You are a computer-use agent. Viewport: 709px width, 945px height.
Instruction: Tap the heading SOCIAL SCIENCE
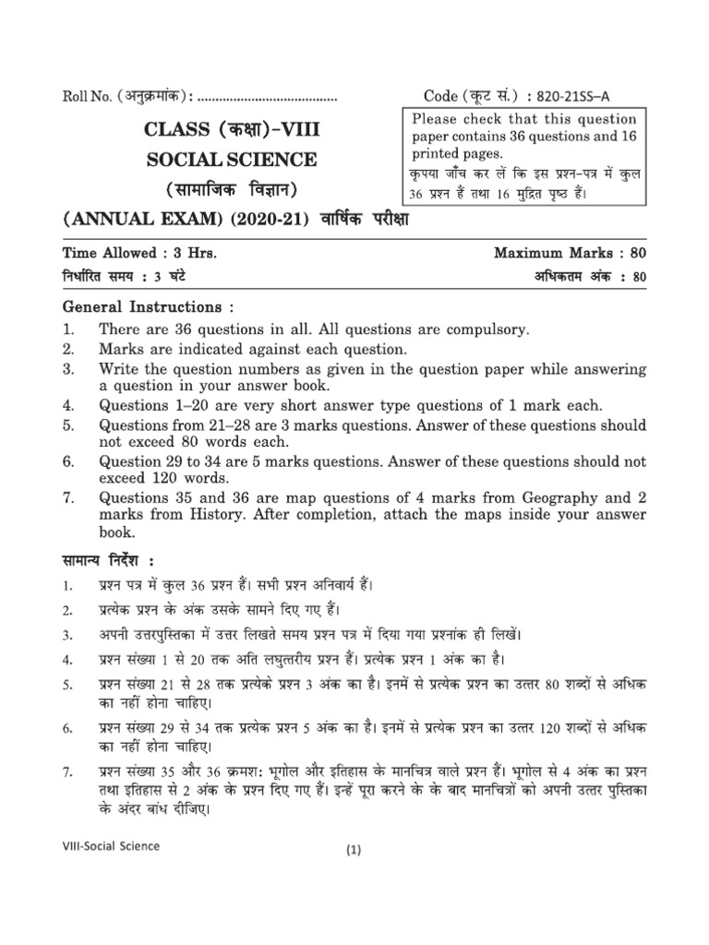click(231, 160)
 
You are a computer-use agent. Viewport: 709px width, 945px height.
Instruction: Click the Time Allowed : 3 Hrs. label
click(140, 253)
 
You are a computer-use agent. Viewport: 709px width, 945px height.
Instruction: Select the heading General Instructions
click(144, 306)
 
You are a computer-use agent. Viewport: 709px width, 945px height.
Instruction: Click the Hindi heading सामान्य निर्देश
click(110, 562)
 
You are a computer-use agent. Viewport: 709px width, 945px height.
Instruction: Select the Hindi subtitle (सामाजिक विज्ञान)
click(232, 191)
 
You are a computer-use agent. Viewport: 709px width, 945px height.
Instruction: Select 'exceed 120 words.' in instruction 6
click(163, 478)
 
